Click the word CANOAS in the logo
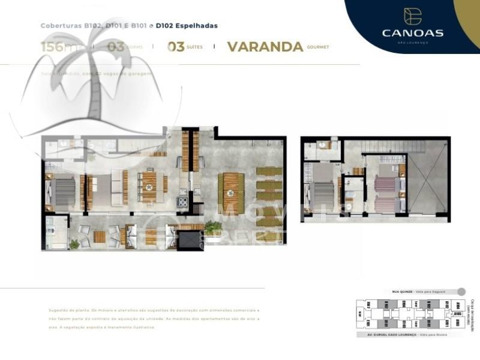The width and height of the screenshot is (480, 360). pos(413,32)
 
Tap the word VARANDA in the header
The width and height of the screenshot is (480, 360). pos(265,47)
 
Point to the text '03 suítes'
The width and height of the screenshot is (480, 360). pos(185,47)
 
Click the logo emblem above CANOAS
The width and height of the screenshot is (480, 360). pos(413,16)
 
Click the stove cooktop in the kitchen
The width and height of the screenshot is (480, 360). pos(182,202)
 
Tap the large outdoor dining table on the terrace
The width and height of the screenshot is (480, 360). pos(231,193)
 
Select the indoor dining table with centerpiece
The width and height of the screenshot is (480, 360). pos(148,187)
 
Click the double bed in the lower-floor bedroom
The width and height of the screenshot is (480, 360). pos(64,192)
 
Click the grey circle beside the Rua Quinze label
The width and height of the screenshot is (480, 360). pos(461,292)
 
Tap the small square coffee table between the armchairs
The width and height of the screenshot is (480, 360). pos(100,236)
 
